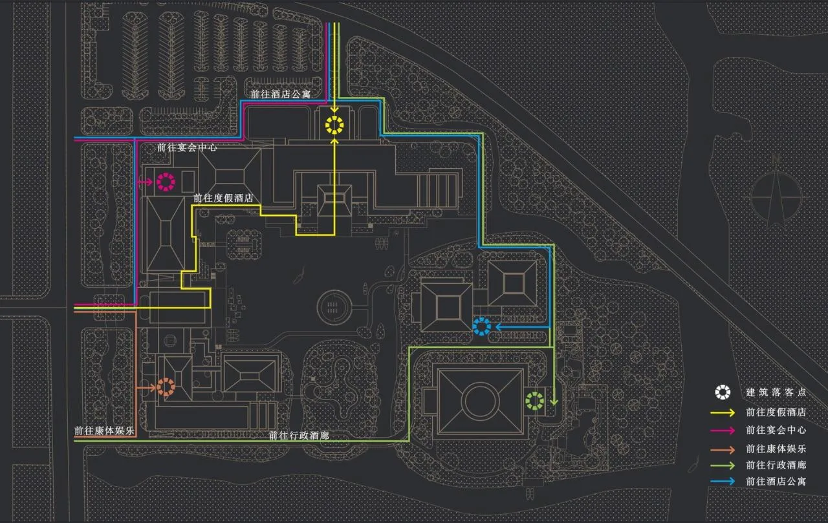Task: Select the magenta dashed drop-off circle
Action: coord(166,175)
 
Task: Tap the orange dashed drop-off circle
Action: coord(166,379)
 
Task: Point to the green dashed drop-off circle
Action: coord(534,393)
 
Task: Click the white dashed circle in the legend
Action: coord(723,385)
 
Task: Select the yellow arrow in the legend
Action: coord(723,412)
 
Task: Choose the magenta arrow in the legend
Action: coord(723,431)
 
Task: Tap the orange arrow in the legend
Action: coord(723,449)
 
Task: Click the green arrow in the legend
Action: coord(723,465)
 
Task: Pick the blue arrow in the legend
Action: coord(723,481)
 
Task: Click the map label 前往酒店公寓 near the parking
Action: coord(281,94)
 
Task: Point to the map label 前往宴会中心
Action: coord(187,147)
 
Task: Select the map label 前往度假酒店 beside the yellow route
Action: coord(223,198)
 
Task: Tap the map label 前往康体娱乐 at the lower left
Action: coord(104,431)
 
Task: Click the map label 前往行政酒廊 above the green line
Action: coord(299,436)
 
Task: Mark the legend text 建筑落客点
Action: coord(776,392)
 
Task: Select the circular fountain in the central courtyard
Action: coord(333,307)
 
